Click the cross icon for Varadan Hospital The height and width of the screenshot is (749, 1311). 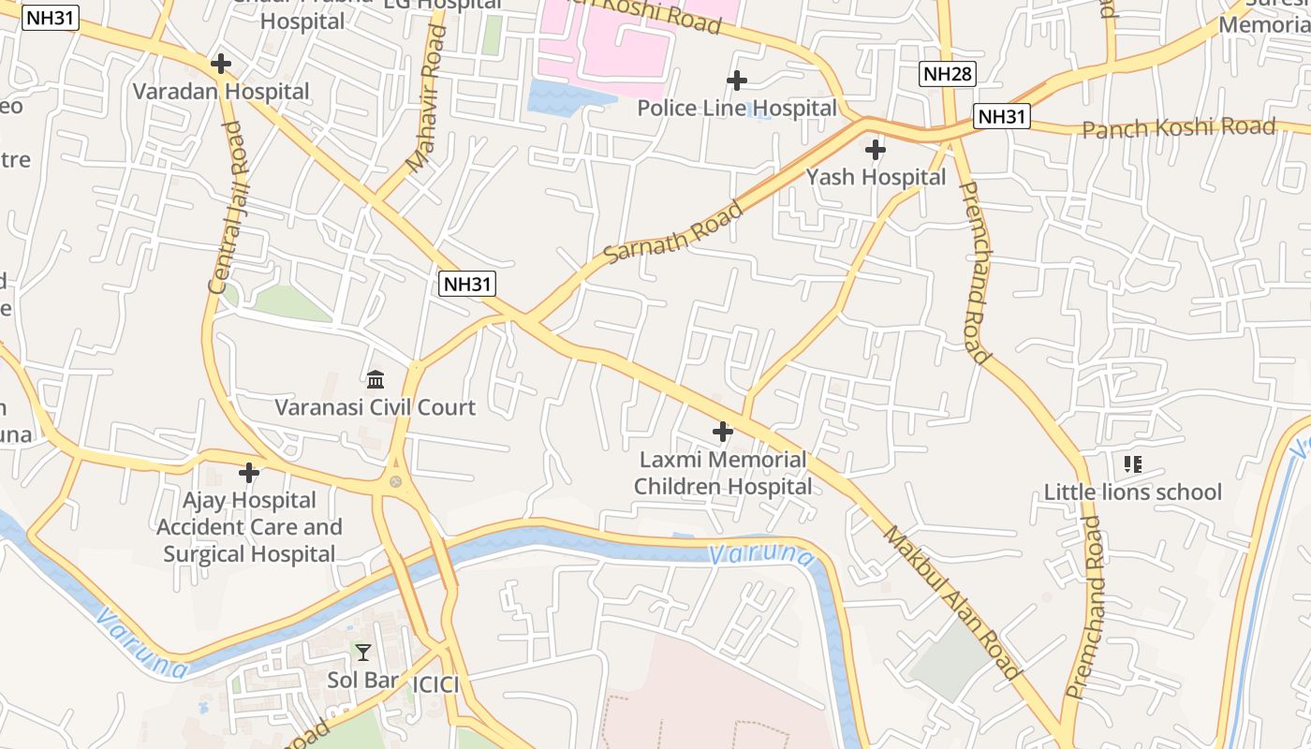[x=221, y=64]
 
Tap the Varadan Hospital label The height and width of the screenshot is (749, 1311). [x=221, y=92]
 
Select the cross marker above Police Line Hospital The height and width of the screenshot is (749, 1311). [x=737, y=81]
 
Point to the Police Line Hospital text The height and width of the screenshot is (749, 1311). [x=737, y=109]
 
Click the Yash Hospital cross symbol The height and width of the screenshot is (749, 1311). [x=875, y=149]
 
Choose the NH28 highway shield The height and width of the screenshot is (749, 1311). [x=948, y=74]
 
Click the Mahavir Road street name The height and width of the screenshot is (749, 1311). [x=426, y=98]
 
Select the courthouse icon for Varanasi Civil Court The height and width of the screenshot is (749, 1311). [x=376, y=379]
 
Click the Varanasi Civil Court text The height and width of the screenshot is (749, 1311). [x=375, y=407]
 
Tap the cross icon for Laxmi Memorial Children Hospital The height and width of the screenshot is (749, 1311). [x=722, y=432]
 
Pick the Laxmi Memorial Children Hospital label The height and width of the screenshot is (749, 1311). [x=722, y=473]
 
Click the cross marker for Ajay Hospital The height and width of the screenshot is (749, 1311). [x=249, y=472]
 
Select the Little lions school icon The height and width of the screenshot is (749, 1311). [x=1132, y=463]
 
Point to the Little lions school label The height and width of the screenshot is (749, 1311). [x=1132, y=492]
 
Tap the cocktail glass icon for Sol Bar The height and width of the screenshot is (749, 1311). [x=363, y=652]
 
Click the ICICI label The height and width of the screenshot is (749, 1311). [x=435, y=684]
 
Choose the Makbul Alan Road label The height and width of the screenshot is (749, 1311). [x=950, y=601]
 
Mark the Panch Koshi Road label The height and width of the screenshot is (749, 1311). [x=1178, y=127]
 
